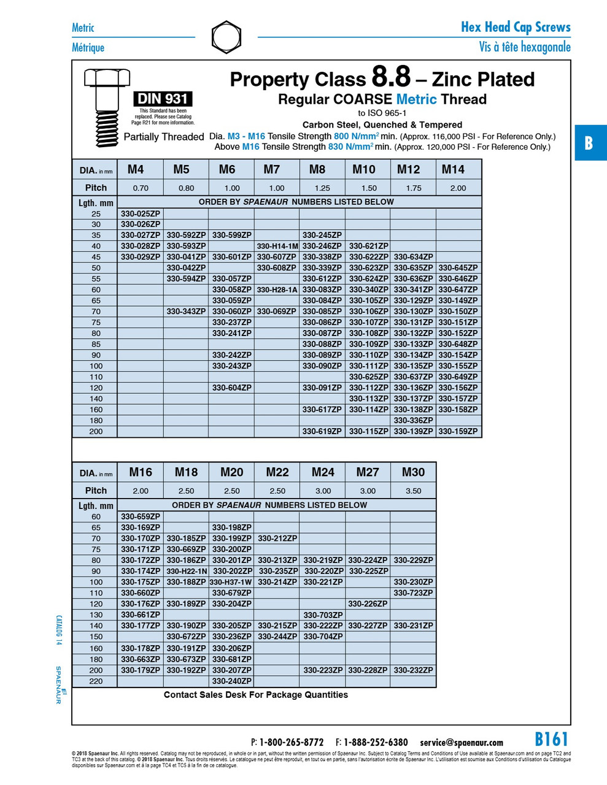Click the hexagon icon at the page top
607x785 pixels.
pyautogui.click(x=226, y=37)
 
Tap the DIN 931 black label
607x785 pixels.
pyautogui.click(x=163, y=99)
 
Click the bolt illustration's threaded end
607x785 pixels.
pyautogui.click(x=106, y=129)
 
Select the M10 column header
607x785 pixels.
pyautogui.click(x=364, y=169)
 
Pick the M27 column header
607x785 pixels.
pyautogui.click(x=368, y=472)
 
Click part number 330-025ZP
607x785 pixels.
pyautogui.click(x=141, y=213)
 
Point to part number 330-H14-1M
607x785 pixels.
pyautogui.click(x=277, y=246)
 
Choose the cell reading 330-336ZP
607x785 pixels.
pyautogui.click(x=413, y=421)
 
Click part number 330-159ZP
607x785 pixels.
pyautogui.click(x=458, y=432)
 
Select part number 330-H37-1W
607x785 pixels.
pyautogui.click(x=231, y=582)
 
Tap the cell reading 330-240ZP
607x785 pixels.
pyautogui.click(x=231, y=681)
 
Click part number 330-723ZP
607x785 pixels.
pyautogui.click(x=413, y=593)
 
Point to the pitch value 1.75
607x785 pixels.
pyautogui.click(x=414, y=188)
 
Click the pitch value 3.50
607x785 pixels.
pyautogui.click(x=413, y=491)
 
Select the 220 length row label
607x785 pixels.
pyautogui.click(x=96, y=681)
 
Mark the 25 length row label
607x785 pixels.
pyautogui.click(x=96, y=214)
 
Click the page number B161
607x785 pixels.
pyautogui.click(x=551, y=739)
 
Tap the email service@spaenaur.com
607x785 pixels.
pyautogui.click(x=461, y=743)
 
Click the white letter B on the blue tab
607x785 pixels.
pyautogui.click(x=589, y=143)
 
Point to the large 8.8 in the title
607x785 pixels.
pyautogui.click(x=390, y=77)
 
